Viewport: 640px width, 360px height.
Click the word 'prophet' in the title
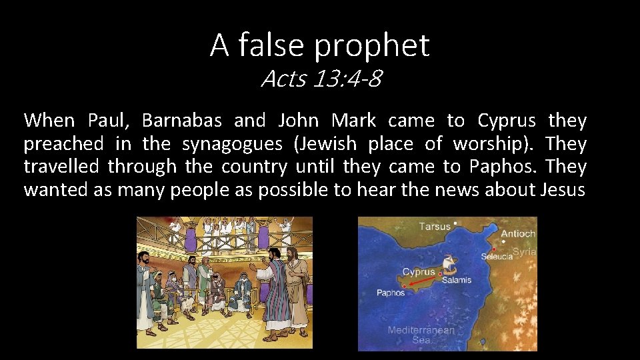(x=372, y=45)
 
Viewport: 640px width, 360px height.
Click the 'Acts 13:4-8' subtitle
(x=321, y=79)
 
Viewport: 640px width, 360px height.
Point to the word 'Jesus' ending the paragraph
(x=563, y=189)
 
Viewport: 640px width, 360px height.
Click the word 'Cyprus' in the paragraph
(x=507, y=121)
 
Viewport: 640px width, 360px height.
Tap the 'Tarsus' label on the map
(x=434, y=227)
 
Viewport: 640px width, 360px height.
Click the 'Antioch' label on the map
(x=518, y=233)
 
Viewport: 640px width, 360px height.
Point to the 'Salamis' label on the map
(x=457, y=280)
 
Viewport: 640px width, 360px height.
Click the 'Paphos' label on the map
(x=391, y=293)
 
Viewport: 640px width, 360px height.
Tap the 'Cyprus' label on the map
(x=419, y=272)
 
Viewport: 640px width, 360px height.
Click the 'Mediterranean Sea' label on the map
(x=421, y=335)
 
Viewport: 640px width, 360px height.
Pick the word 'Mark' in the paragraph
(x=353, y=121)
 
